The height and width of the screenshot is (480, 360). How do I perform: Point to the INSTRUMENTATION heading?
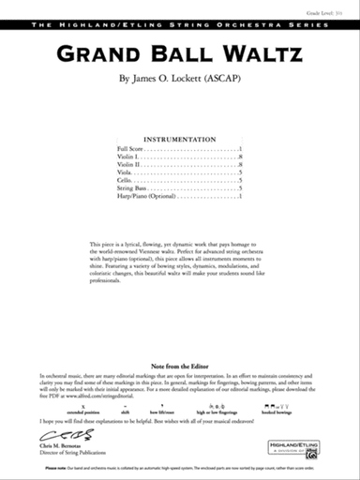pos(180,137)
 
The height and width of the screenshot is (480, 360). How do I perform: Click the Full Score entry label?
pos(132,150)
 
